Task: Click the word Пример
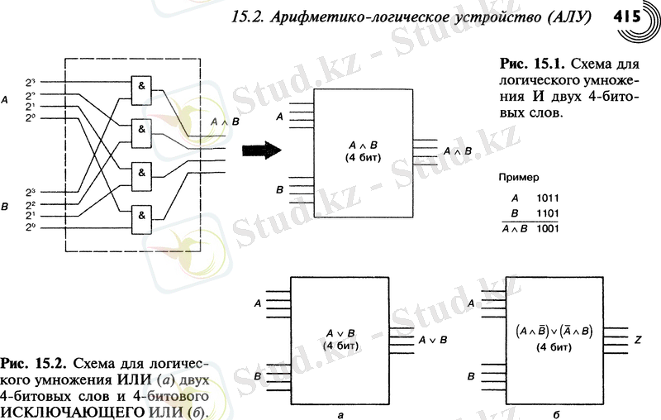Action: pos(519,177)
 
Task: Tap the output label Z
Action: pos(638,338)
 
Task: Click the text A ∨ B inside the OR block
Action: pos(340,334)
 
